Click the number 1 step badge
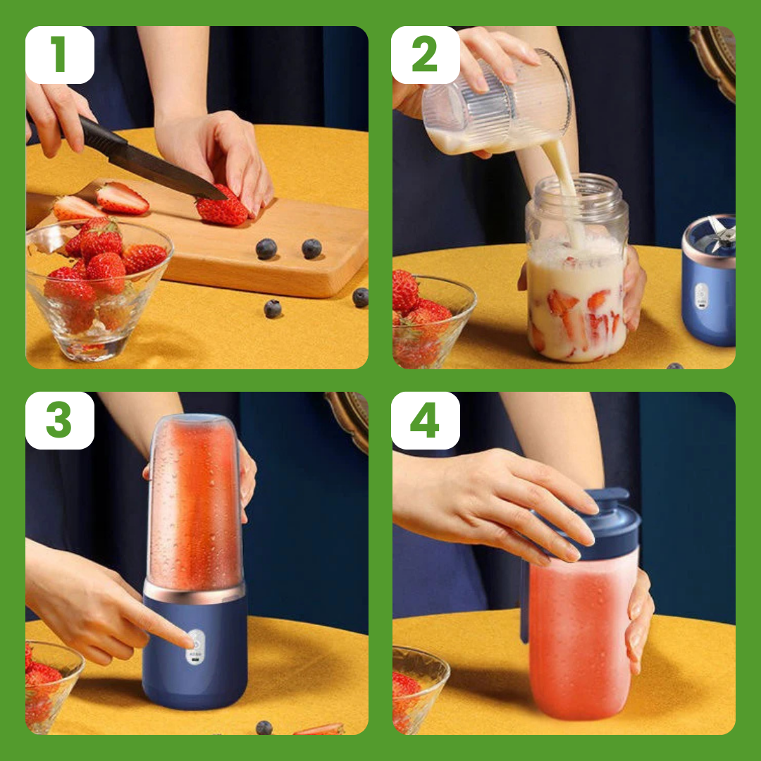point(60,55)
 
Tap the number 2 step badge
point(426,55)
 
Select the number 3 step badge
point(60,420)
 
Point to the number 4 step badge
point(426,420)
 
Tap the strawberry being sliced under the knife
point(222,207)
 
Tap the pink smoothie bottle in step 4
point(581,631)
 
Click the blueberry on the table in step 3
point(264,727)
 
